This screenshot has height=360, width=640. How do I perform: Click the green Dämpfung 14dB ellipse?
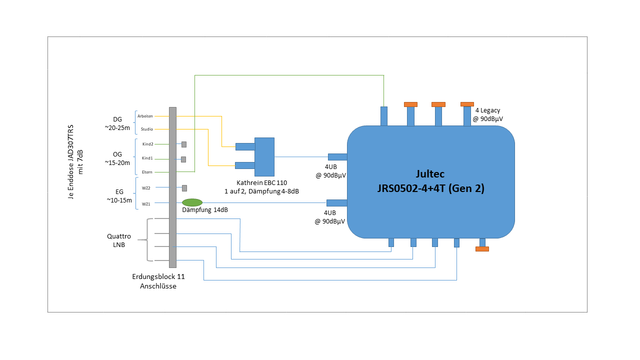192,202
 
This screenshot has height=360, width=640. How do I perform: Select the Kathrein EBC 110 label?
261,182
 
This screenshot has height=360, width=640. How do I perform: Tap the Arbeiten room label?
145,116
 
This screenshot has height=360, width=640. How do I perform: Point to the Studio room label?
146,129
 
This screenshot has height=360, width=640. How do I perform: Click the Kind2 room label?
147,144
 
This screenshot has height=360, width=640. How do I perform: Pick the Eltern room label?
147,172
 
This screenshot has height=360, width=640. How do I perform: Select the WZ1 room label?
146,203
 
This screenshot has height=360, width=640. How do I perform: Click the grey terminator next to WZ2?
184,188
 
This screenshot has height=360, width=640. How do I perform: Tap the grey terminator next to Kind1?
183,159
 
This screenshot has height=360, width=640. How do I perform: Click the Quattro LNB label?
119,240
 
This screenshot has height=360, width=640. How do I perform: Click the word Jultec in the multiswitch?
430,174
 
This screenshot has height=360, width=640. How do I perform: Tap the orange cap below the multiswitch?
482,248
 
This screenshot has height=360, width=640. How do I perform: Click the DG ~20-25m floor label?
117,123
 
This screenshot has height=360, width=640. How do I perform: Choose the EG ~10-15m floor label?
119,195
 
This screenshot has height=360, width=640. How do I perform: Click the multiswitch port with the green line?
384,116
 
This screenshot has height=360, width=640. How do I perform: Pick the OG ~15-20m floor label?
117,158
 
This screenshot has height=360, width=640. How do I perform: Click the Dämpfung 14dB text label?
205,210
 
